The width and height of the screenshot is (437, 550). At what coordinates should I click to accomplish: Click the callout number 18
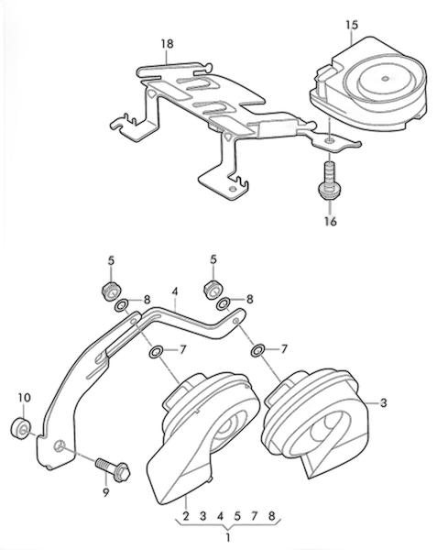pos(167,44)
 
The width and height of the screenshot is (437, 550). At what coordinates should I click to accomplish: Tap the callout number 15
pos(352,26)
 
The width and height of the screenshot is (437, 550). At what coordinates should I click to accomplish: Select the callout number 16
pos(330,221)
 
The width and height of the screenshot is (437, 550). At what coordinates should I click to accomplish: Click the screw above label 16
pos(328,180)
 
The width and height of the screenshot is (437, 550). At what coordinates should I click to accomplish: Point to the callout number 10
pos(25,398)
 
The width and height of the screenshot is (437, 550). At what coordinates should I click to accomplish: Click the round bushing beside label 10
pos(21,428)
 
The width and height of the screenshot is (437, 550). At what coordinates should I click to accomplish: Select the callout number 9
pos(106,493)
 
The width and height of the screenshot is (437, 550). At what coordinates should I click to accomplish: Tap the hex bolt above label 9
pos(113,468)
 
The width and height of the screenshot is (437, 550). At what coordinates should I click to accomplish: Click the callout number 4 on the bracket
pos(175,291)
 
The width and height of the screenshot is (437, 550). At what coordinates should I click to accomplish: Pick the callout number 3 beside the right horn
pos(384,403)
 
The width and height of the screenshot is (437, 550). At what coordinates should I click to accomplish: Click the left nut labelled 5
pos(112,291)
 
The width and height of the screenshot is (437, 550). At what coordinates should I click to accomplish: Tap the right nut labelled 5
pos(213,290)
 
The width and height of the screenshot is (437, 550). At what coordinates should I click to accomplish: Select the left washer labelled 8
pos(121,305)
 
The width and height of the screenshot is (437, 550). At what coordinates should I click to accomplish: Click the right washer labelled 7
pos(258,351)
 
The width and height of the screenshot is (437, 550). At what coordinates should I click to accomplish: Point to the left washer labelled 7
pos(156,352)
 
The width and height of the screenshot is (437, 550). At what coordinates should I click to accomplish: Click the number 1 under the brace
pos(228,537)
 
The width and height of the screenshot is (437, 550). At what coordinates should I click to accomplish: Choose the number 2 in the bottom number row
pos(186,516)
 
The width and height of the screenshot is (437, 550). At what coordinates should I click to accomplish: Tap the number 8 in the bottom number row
pos(271,516)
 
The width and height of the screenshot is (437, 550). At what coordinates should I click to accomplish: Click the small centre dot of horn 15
pos(385,79)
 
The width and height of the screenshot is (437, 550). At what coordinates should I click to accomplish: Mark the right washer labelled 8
pos(224,304)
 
